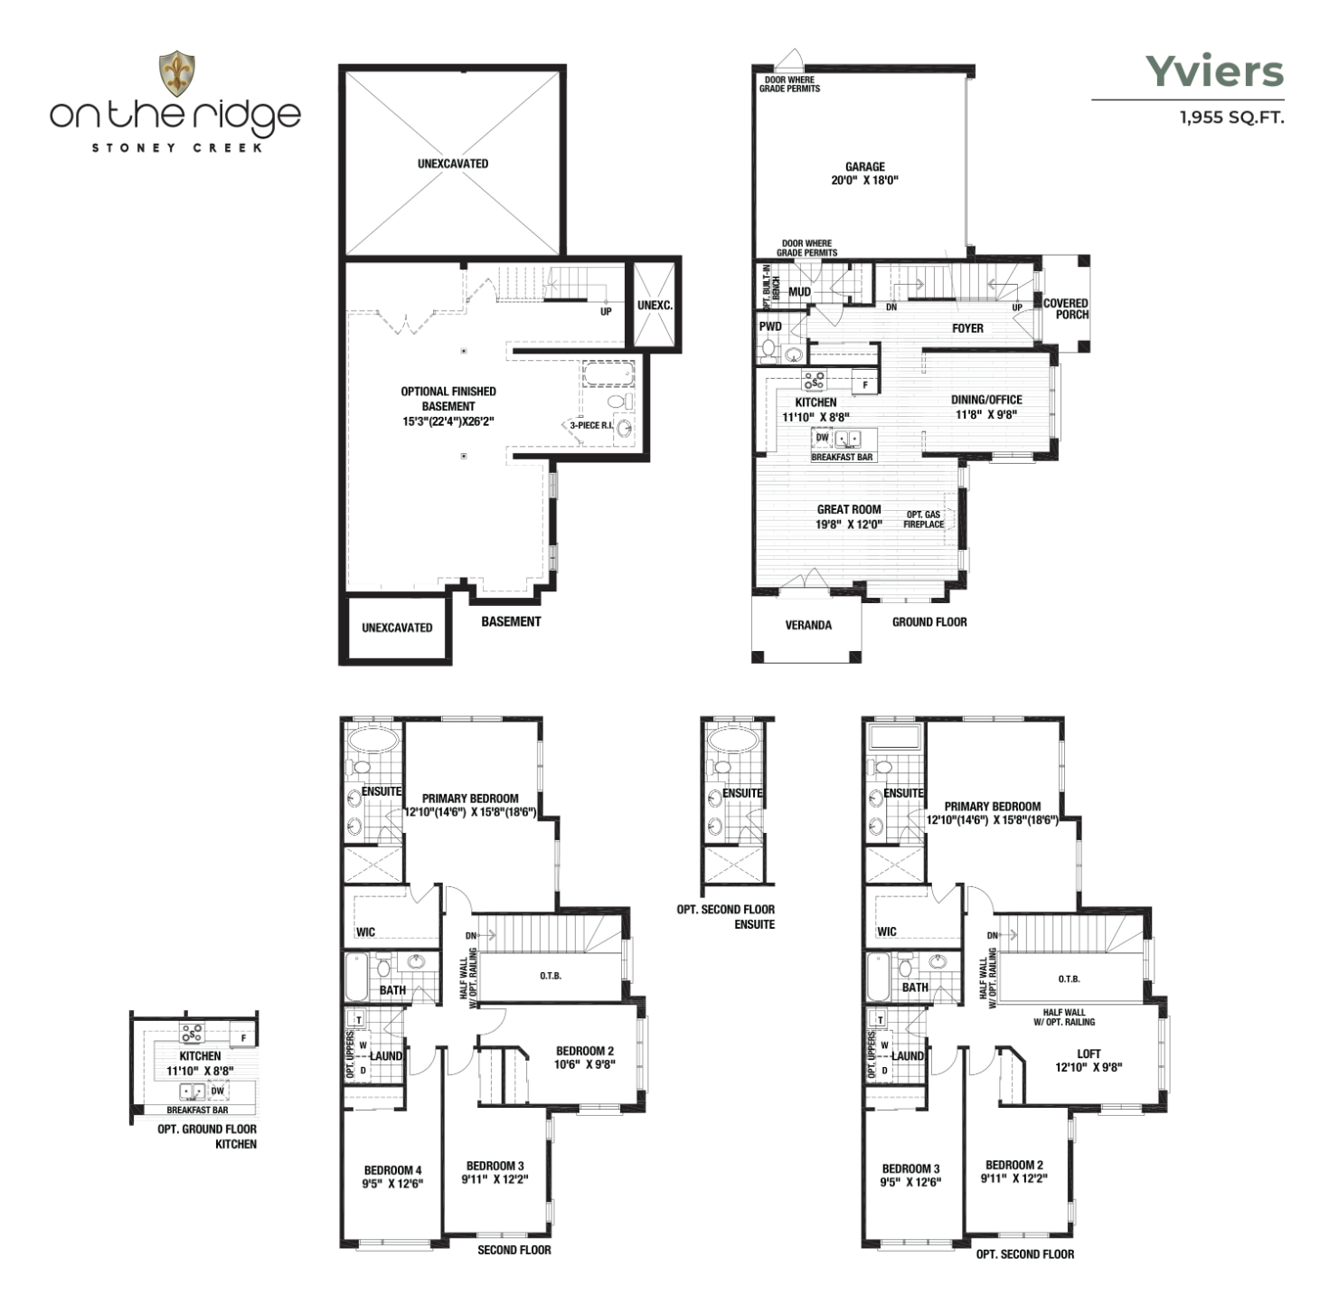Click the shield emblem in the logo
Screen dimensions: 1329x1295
[x=177, y=73]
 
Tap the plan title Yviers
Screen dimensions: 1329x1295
[x=1214, y=71]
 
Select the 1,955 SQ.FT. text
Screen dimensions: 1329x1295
[x=1232, y=118]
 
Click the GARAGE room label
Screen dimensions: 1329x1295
[x=864, y=166]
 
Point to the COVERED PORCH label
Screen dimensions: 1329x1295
[x=1065, y=308]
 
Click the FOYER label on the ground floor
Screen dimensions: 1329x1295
[x=967, y=328]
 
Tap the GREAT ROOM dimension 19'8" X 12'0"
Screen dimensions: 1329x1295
[x=849, y=524]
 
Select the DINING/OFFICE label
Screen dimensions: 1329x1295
[x=986, y=400]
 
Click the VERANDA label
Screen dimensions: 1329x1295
[x=808, y=625]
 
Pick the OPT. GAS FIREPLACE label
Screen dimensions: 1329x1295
[x=923, y=519]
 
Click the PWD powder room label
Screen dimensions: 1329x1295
[x=770, y=326]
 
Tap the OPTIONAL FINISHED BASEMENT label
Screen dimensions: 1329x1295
[x=448, y=398]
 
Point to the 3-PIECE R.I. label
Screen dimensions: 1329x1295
[x=590, y=425]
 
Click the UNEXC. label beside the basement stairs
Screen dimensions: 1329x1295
[x=655, y=306]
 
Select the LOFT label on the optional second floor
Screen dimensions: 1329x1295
[x=1089, y=1054]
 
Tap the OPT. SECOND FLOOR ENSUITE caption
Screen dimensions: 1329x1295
[x=726, y=917]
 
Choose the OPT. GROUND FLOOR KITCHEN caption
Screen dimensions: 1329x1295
[x=207, y=1137]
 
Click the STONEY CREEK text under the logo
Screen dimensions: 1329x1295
[x=177, y=147]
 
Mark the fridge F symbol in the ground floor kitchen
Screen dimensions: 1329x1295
[x=865, y=385]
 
